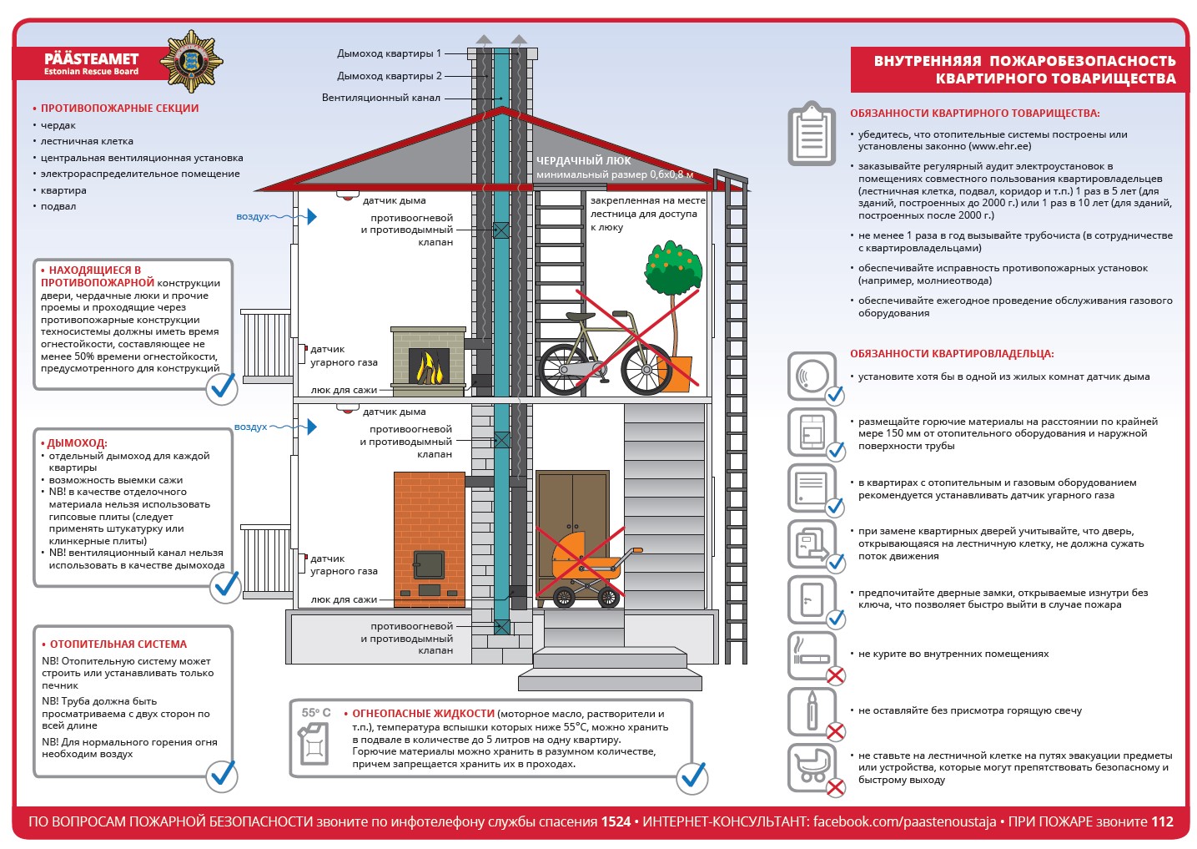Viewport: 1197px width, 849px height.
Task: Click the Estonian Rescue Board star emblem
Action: tap(191, 61)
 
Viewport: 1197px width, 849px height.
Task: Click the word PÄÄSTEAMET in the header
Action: tap(92, 58)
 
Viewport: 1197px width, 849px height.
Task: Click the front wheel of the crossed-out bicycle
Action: tap(646, 370)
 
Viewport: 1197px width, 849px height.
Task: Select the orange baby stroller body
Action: tap(582, 558)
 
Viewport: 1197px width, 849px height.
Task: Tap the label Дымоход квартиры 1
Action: tap(389, 53)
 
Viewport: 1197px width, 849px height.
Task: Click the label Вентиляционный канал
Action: tap(381, 98)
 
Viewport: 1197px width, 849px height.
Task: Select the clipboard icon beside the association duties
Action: tap(811, 133)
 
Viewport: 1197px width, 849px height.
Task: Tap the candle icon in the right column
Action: tap(812, 710)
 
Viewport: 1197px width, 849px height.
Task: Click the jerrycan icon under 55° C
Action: tap(314, 744)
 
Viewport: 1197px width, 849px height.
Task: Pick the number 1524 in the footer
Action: tap(616, 821)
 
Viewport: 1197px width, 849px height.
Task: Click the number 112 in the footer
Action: tap(1162, 821)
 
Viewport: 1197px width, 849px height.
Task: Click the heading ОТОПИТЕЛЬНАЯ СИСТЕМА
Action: tap(118, 644)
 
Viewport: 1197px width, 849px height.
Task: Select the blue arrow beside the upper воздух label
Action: tap(312, 216)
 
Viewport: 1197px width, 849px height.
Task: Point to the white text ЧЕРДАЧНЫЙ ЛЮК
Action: tap(583, 160)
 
